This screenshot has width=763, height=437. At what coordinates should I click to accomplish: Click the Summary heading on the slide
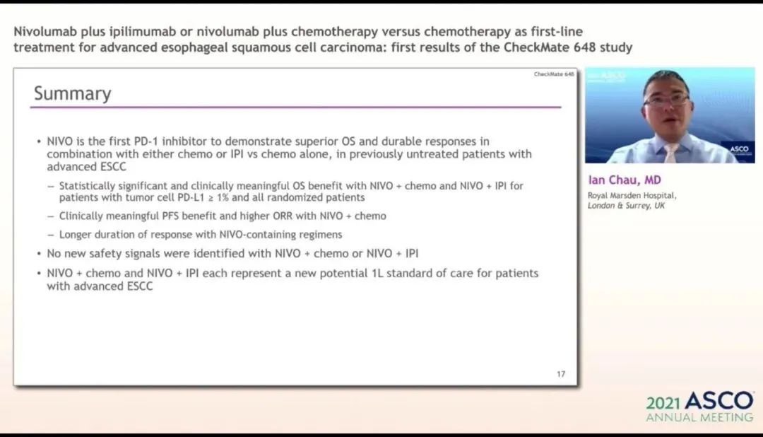pos(73,93)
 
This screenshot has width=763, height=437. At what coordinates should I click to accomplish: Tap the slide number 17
pos(561,374)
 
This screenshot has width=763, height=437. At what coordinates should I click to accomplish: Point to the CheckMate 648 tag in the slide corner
pos(554,74)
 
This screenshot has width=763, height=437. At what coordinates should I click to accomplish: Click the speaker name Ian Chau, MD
pos(625,180)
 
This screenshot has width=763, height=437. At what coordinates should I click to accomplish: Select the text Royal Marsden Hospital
pos(631,195)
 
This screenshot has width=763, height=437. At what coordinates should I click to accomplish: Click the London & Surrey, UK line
pos(626,206)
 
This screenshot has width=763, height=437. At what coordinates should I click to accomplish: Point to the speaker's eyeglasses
pos(667,100)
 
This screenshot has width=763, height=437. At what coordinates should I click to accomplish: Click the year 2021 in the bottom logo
pos(663,403)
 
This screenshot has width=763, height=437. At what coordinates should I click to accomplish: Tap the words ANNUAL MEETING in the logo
pos(699,417)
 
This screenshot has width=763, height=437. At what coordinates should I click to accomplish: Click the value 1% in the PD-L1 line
pos(222,198)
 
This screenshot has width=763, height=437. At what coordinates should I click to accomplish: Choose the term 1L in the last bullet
pos(377,274)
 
